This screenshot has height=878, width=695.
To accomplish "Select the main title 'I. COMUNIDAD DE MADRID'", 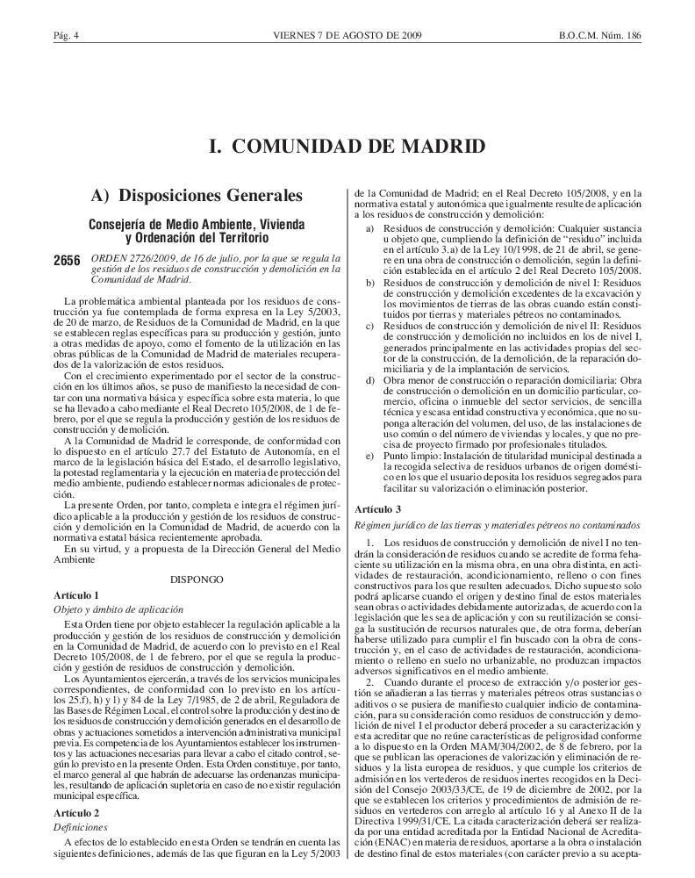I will tap(347, 146).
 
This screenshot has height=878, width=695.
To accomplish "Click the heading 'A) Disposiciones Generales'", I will tap(197, 194).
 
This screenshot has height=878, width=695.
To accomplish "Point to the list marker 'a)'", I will tap(369, 228).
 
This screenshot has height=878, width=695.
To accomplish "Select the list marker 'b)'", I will tap(369, 282).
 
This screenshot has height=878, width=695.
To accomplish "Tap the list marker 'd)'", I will tap(369, 379).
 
